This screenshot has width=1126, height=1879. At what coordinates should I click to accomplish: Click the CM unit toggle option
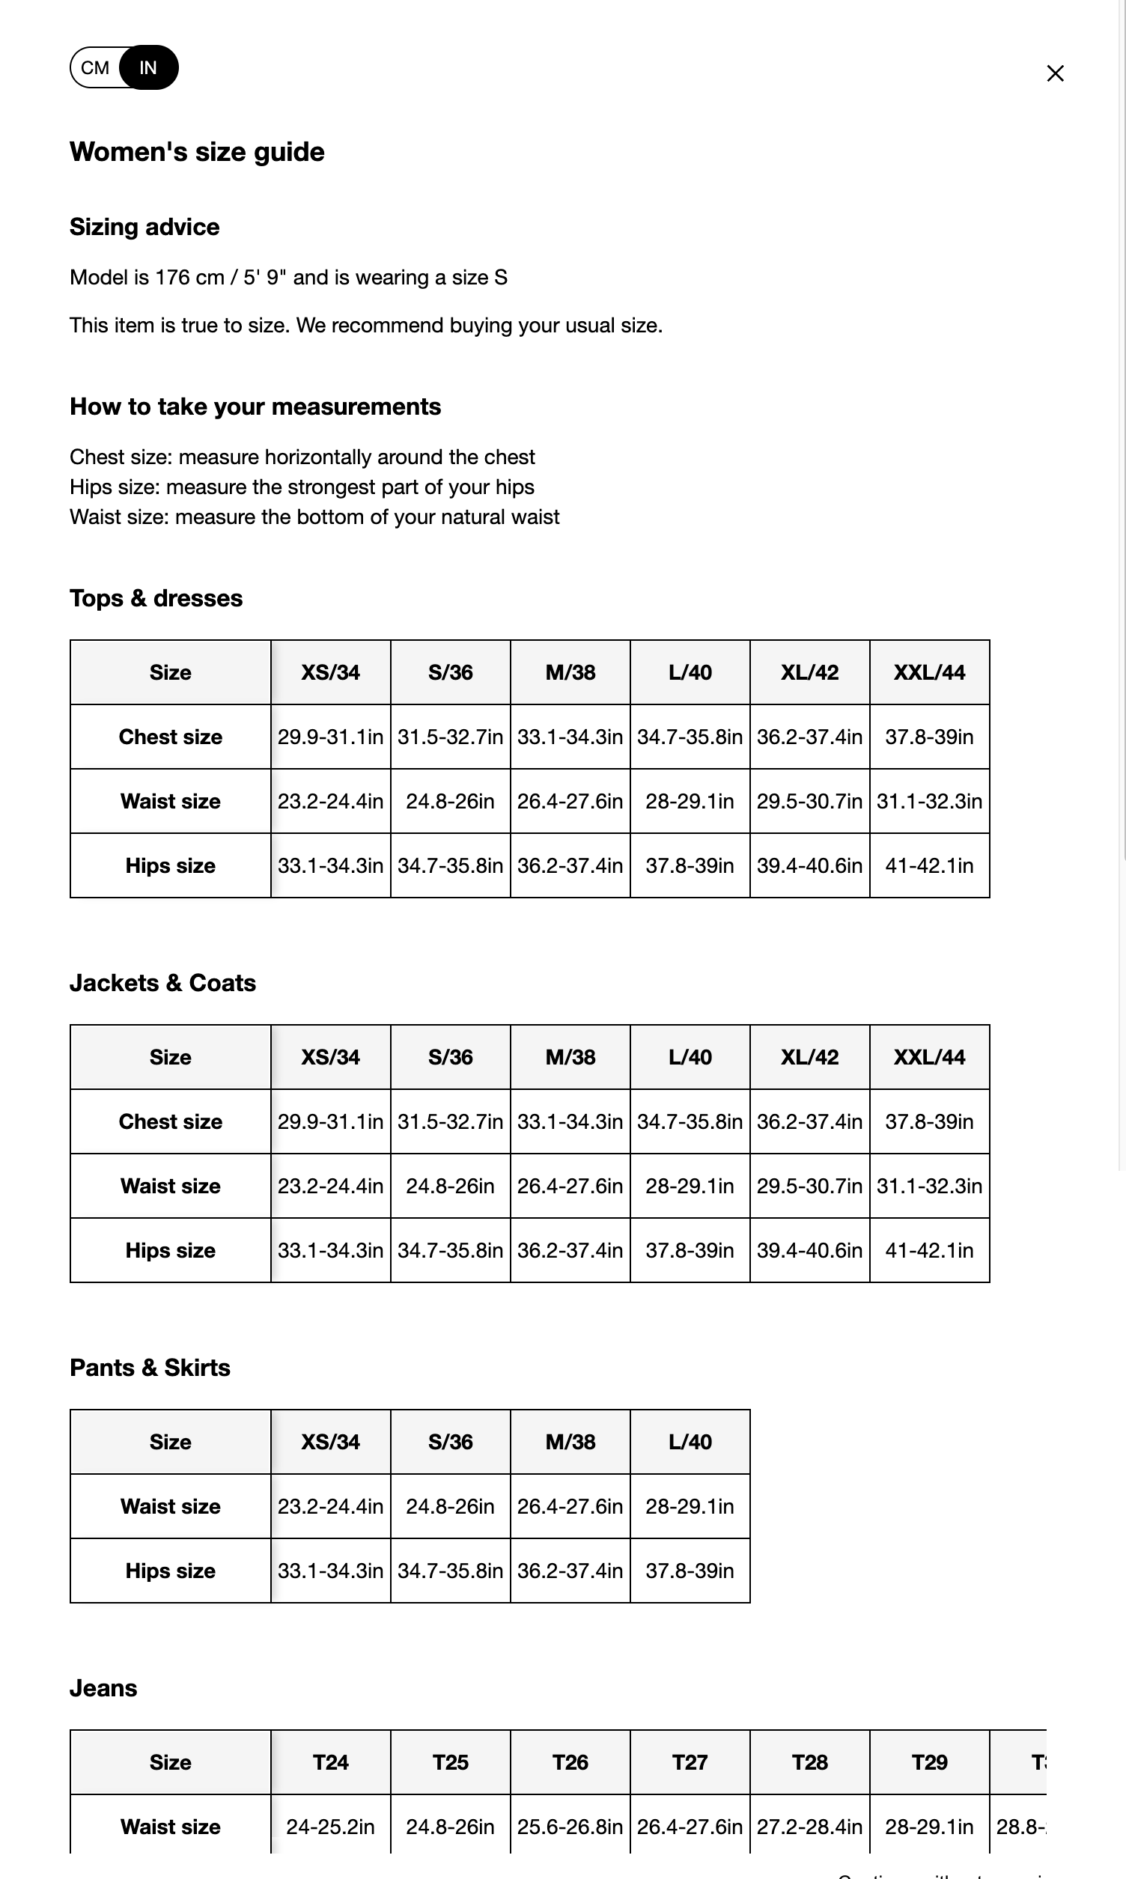coord(95,68)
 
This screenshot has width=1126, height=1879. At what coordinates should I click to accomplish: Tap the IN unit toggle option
coord(149,68)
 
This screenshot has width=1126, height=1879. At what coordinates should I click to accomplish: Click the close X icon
coord(1055,73)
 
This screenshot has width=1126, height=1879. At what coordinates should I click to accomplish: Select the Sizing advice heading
coord(144,227)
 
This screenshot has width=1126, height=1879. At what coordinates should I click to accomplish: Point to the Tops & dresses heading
coord(156,597)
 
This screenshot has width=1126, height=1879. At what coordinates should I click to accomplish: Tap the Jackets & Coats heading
coord(162,982)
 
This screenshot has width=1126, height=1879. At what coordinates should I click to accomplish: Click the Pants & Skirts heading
coord(150,1367)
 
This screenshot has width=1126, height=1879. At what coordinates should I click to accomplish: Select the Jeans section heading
coord(103,1688)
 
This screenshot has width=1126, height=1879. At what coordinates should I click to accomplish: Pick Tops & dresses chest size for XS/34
coord(330,737)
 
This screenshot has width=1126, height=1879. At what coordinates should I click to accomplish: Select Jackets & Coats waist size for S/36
coord(450,1186)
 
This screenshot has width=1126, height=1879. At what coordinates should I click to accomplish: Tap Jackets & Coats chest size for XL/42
coord(809,1121)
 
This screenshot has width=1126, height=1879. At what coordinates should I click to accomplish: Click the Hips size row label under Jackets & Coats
coord(170,1250)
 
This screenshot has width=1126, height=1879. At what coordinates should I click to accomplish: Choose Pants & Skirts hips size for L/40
coord(689,1571)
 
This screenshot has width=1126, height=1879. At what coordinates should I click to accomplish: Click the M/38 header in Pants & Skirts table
coord(570,1441)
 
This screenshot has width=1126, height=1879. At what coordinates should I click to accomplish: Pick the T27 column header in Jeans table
coord(689,1762)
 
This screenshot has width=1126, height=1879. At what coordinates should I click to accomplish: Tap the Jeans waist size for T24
coord(330,1827)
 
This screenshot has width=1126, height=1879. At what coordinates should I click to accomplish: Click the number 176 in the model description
coord(171,278)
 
